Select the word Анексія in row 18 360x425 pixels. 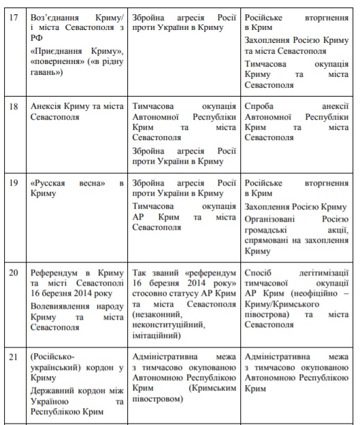(48, 107)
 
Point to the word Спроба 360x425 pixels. (259, 107)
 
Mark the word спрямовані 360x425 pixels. (268, 241)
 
